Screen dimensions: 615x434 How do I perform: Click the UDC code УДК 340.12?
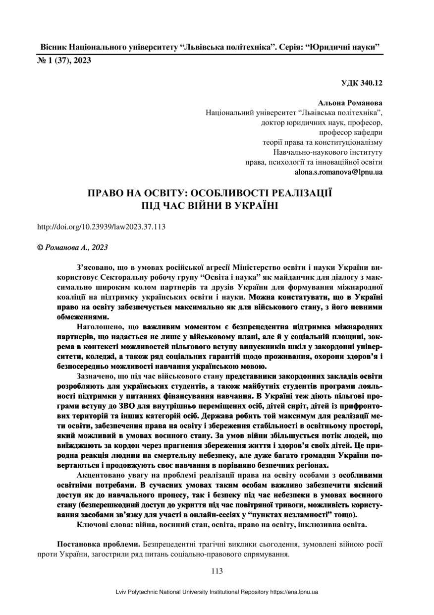coord(362,83)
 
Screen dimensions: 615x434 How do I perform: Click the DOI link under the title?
coord(102,227)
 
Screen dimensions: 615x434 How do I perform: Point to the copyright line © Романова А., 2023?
coord(73,246)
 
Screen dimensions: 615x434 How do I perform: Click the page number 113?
coord(217,571)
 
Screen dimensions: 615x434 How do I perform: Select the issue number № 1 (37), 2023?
coord(64,61)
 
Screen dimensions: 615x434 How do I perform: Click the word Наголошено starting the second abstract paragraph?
coord(101,327)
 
